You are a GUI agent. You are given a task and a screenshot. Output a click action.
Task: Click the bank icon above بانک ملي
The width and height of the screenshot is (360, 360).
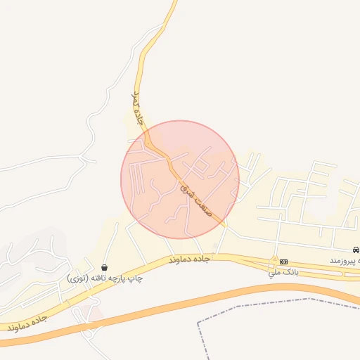pos(283,262)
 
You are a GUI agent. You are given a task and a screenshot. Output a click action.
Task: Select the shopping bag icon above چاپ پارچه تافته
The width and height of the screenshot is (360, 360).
pos(105,267)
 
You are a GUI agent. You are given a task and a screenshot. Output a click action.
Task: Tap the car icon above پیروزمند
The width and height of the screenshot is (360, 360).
pos(356,250)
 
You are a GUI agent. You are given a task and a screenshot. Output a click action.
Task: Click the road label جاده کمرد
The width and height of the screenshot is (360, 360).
pos(138,108)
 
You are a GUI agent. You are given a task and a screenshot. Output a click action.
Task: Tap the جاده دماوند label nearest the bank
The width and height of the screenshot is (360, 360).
pos(189,260)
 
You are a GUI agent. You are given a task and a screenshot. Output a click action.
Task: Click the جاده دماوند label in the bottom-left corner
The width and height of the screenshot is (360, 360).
pos(28,323)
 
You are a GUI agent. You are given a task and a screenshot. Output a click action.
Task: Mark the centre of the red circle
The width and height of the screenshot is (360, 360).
pos(180,179)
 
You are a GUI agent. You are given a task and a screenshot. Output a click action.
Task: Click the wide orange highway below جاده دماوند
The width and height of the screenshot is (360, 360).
pos(176,309)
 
